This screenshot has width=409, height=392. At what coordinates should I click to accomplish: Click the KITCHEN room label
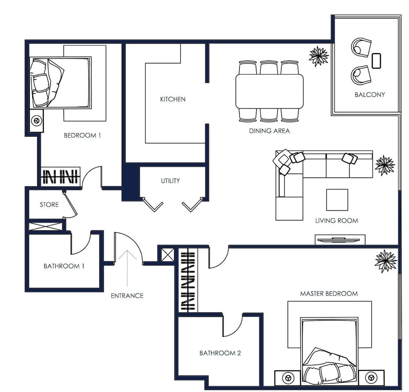coord(173,99)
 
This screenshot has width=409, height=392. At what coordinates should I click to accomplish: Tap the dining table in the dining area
coord(269,91)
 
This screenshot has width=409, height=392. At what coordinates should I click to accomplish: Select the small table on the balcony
coord(376,60)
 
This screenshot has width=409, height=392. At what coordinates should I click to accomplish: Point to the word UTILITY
coord(170,181)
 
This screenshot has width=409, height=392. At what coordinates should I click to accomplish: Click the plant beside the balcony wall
coord(319,56)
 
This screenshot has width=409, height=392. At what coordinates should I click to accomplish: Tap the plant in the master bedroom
coord(386,261)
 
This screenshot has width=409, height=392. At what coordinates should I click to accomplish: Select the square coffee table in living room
coord(337,200)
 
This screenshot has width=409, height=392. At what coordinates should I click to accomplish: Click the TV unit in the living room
coord(339,240)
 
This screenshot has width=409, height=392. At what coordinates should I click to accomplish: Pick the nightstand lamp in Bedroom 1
coord(36,121)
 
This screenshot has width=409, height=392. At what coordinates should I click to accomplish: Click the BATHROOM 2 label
coord(220,353)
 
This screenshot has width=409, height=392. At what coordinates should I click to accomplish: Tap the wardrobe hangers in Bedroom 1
coord(61,177)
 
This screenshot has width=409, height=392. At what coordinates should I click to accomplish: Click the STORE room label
coord(49,205)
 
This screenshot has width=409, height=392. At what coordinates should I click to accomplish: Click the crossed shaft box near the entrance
coord(167,255)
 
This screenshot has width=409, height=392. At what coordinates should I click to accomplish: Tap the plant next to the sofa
coord(384,165)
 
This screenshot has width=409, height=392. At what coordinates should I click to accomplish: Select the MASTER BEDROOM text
coord(329,294)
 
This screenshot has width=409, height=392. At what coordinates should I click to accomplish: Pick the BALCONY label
coord(370,95)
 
